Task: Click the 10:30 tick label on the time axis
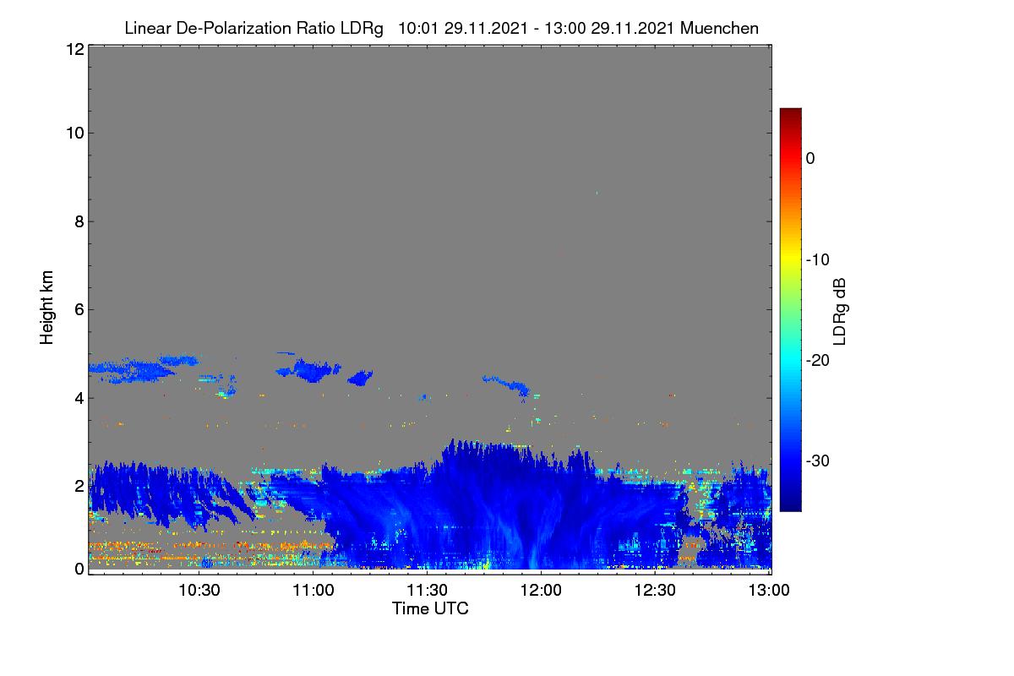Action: [x=199, y=591]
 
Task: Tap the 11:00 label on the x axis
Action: [x=313, y=591]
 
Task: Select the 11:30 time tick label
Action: [x=427, y=591]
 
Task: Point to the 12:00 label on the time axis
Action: [x=541, y=591]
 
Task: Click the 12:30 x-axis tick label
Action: [x=655, y=591]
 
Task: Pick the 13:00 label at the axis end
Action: [x=769, y=591]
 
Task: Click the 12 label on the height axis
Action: [x=75, y=49]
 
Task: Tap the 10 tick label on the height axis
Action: [x=75, y=134]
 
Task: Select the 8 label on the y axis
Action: [x=79, y=221]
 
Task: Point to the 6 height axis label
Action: [x=79, y=310]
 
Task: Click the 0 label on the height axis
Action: [x=79, y=570]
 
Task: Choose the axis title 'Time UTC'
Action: [x=430, y=608]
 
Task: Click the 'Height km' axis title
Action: [x=46, y=308]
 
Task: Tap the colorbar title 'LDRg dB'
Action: [x=839, y=312]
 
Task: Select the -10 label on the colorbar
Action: [x=818, y=260]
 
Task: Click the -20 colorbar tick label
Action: [x=818, y=361]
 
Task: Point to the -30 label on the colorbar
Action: [x=818, y=461]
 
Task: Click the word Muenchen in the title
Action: [x=719, y=28]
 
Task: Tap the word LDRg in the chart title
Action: [x=362, y=29]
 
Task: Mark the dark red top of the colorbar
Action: [x=790, y=112]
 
